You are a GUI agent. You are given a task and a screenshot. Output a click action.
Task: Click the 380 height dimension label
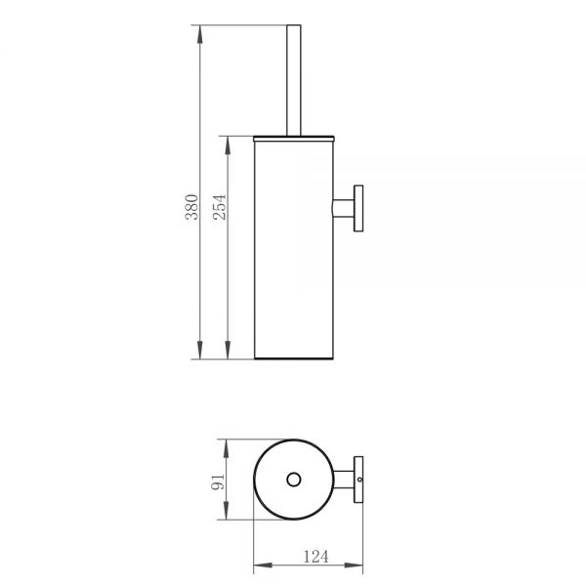191,207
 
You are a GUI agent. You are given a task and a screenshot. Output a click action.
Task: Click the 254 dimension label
220,207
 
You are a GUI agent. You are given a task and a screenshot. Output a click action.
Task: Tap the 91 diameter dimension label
218,481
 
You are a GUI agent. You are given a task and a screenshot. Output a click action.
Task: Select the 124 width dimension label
315,557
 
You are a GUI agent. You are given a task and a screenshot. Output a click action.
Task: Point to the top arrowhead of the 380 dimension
200,34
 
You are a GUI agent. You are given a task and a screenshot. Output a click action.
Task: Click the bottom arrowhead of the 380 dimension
200,350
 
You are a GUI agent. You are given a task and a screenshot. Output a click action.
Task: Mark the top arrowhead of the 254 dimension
228,146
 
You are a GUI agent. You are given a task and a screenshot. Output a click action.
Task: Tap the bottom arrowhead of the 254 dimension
228,350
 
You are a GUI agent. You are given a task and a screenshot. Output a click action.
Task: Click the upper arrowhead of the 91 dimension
227,449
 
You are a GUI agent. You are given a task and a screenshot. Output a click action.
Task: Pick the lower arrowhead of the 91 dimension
227,511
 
